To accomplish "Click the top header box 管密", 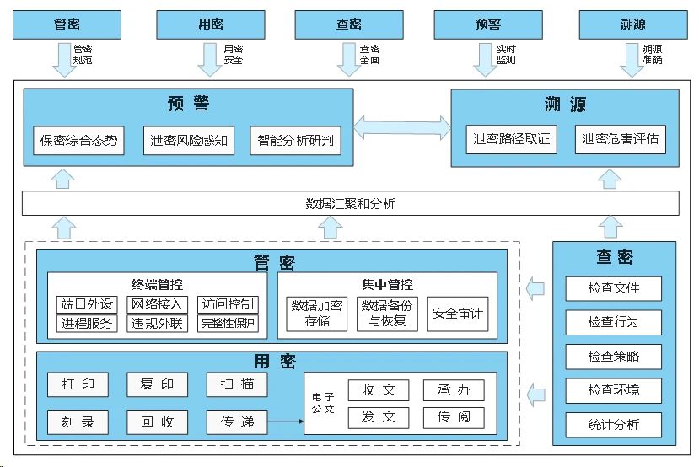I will (67, 25).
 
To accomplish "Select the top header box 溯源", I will (633, 25).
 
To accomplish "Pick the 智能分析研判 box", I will (296, 140).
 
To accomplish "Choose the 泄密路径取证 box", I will (512, 139).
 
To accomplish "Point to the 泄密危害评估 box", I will (620, 139).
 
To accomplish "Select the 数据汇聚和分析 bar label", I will (350, 203).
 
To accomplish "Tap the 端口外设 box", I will (87, 304).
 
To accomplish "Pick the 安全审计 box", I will (458, 314).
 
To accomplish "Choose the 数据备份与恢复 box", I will (388, 314).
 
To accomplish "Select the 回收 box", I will (157, 421).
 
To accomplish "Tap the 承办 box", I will (454, 390).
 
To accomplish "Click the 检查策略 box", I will (613, 357).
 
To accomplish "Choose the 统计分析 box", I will (613, 424).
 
